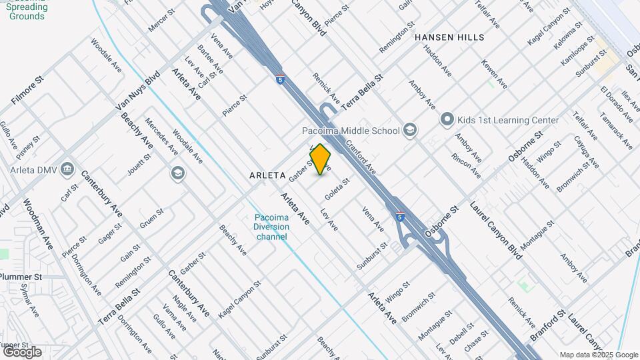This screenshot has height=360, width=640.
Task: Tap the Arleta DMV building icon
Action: (67, 168)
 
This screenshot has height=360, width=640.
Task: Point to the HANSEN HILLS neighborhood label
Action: (449, 37)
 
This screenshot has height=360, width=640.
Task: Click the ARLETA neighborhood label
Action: (268, 175)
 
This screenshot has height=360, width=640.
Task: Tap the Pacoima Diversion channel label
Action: (271, 227)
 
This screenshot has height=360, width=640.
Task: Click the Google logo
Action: (22, 351)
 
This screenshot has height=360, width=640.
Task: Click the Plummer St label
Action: (21, 277)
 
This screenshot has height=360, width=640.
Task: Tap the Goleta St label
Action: (337, 189)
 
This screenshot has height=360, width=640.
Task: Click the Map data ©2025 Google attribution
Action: (598, 355)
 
